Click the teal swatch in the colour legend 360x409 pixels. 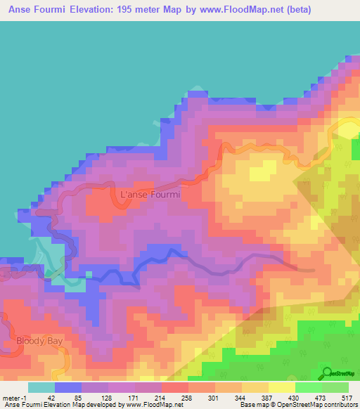(x=41, y=387)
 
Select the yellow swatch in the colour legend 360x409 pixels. (x=281, y=387)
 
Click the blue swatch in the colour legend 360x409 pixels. (x=68, y=387)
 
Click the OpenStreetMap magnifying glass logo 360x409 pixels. (x=327, y=372)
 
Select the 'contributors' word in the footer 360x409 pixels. (x=337, y=405)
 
